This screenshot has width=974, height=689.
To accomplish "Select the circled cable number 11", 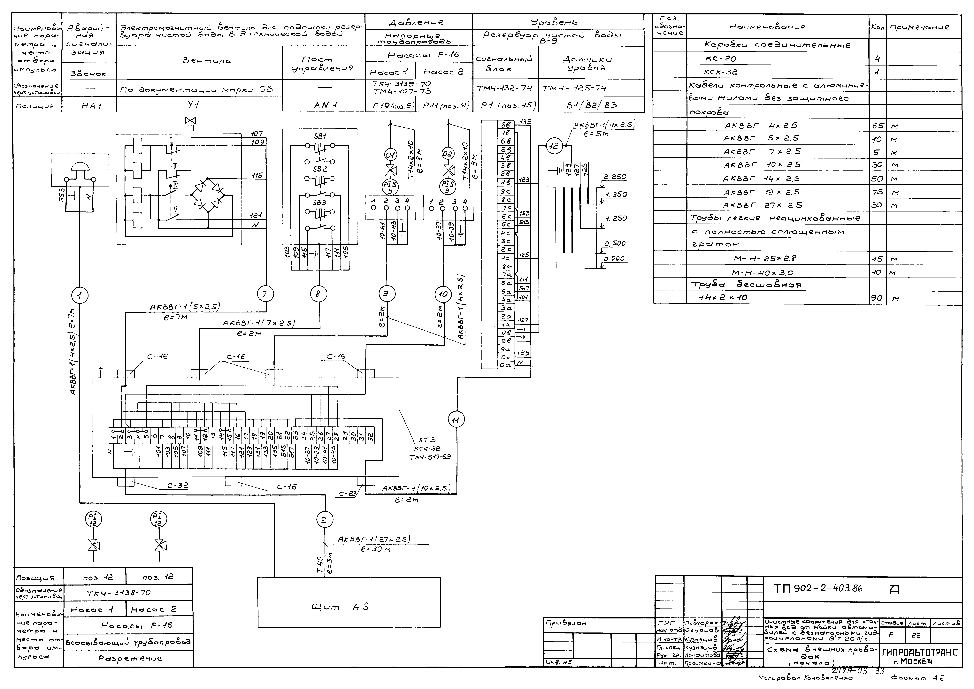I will (x=456, y=420).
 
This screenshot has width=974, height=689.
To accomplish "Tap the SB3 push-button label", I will (x=319, y=203).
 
